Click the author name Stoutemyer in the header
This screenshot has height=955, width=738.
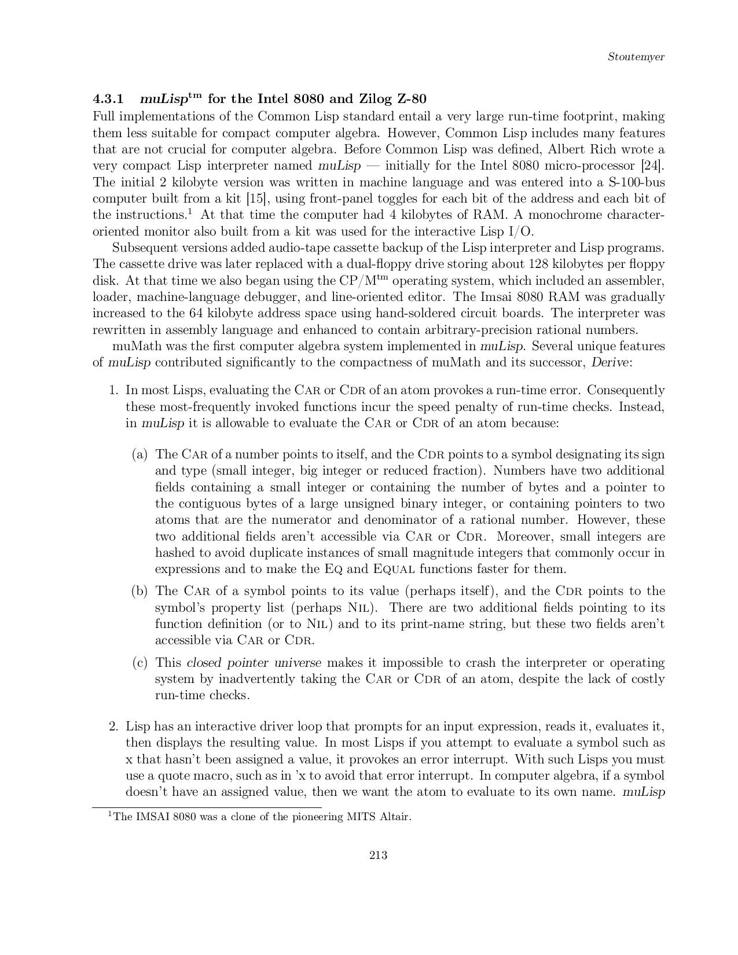(x=636, y=57)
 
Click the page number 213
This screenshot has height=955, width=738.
(x=378, y=855)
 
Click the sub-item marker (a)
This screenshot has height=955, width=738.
(x=140, y=454)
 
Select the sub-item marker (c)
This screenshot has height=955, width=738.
(x=140, y=663)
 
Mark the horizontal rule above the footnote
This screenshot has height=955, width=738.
(x=207, y=807)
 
